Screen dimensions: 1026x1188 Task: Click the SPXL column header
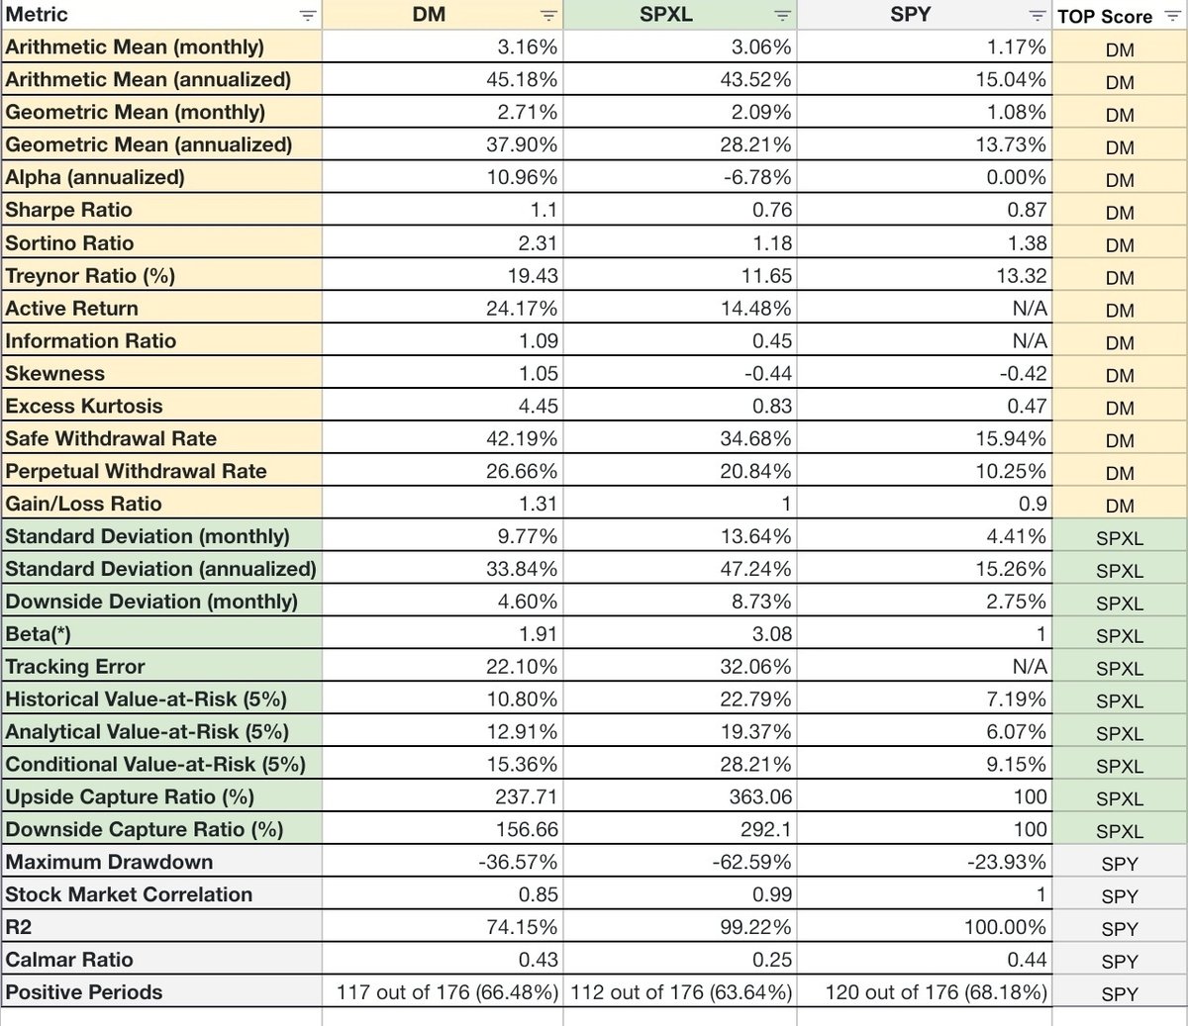click(666, 16)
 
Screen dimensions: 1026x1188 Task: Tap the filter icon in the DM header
click(548, 16)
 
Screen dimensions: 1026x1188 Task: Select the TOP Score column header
click(1105, 17)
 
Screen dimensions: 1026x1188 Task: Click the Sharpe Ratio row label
click(68, 210)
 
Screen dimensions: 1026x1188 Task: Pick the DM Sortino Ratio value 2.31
click(539, 243)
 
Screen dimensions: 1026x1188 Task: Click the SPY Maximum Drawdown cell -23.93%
click(1006, 862)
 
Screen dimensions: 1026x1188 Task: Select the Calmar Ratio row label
click(69, 960)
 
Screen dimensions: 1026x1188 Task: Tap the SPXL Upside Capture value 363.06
click(760, 796)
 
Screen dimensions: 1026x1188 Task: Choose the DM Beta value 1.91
click(539, 634)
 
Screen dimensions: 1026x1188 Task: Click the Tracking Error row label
click(75, 667)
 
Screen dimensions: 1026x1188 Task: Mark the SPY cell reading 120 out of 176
click(936, 992)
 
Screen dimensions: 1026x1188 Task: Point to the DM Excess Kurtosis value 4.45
click(539, 407)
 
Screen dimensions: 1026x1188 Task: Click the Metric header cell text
click(37, 15)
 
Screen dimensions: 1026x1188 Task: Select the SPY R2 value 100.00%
click(1005, 927)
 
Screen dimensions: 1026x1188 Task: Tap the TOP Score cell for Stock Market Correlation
click(1120, 896)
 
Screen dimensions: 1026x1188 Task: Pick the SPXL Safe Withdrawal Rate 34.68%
click(755, 439)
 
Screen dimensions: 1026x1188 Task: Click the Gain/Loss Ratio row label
click(83, 505)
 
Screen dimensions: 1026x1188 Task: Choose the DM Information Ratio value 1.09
click(539, 341)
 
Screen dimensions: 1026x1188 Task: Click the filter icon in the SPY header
click(1037, 16)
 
